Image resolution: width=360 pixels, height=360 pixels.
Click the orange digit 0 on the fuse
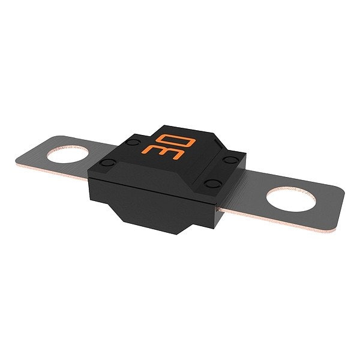(x=176, y=140)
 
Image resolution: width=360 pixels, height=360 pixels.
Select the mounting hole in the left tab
(x=68, y=154)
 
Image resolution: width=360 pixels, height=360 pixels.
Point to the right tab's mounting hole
(x=291, y=199)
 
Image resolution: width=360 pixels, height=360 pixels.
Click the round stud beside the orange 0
(x=133, y=143)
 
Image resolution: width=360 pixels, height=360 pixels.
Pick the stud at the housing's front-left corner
(x=107, y=163)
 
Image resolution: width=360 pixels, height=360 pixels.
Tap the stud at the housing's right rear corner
(x=231, y=160)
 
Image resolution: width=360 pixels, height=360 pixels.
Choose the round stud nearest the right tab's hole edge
(x=213, y=184)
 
